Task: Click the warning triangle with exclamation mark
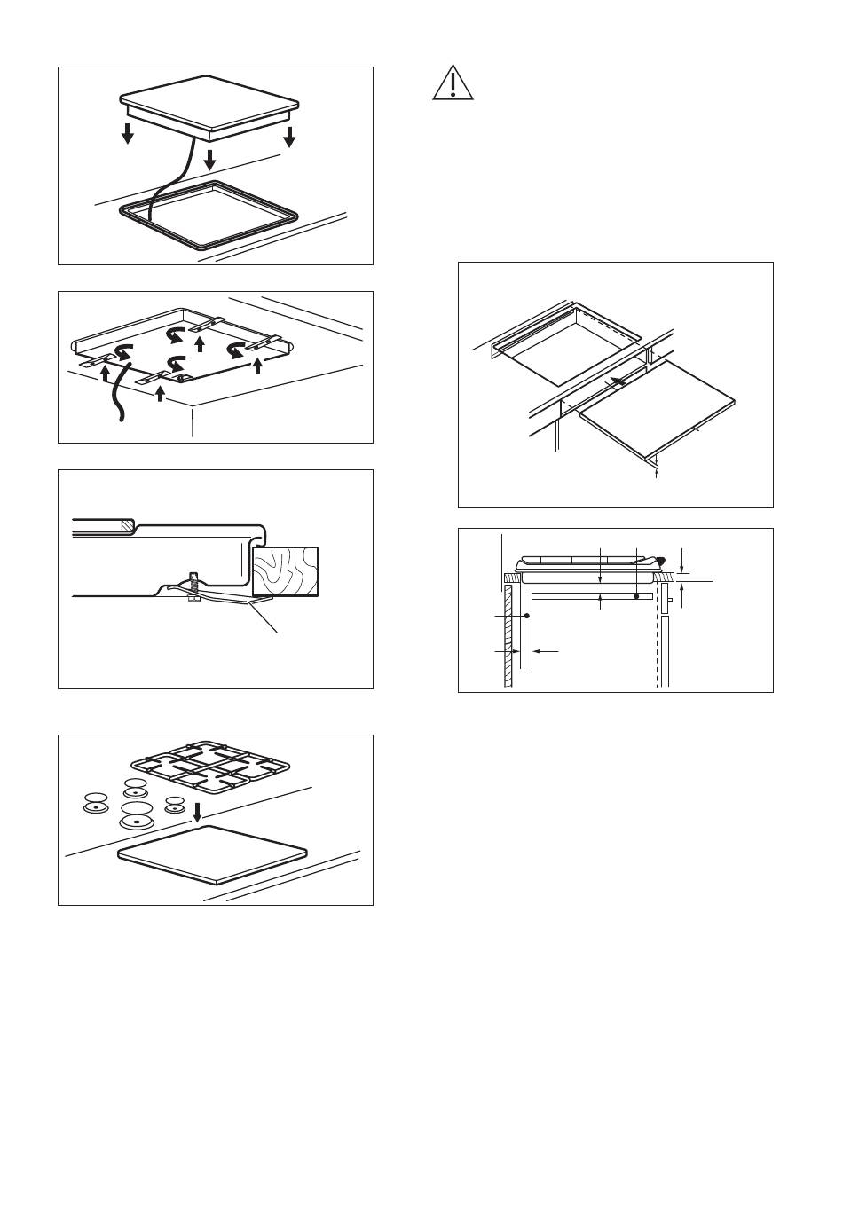coord(453,83)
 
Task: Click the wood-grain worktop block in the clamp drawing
coord(285,570)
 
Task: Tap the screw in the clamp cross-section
coord(193,586)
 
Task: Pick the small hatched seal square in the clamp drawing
coord(127,525)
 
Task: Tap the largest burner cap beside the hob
coord(136,815)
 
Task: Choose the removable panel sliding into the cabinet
coord(658,411)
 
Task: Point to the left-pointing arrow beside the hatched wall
coord(545,651)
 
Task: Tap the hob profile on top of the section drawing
coord(590,564)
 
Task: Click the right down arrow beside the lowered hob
coord(288,137)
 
